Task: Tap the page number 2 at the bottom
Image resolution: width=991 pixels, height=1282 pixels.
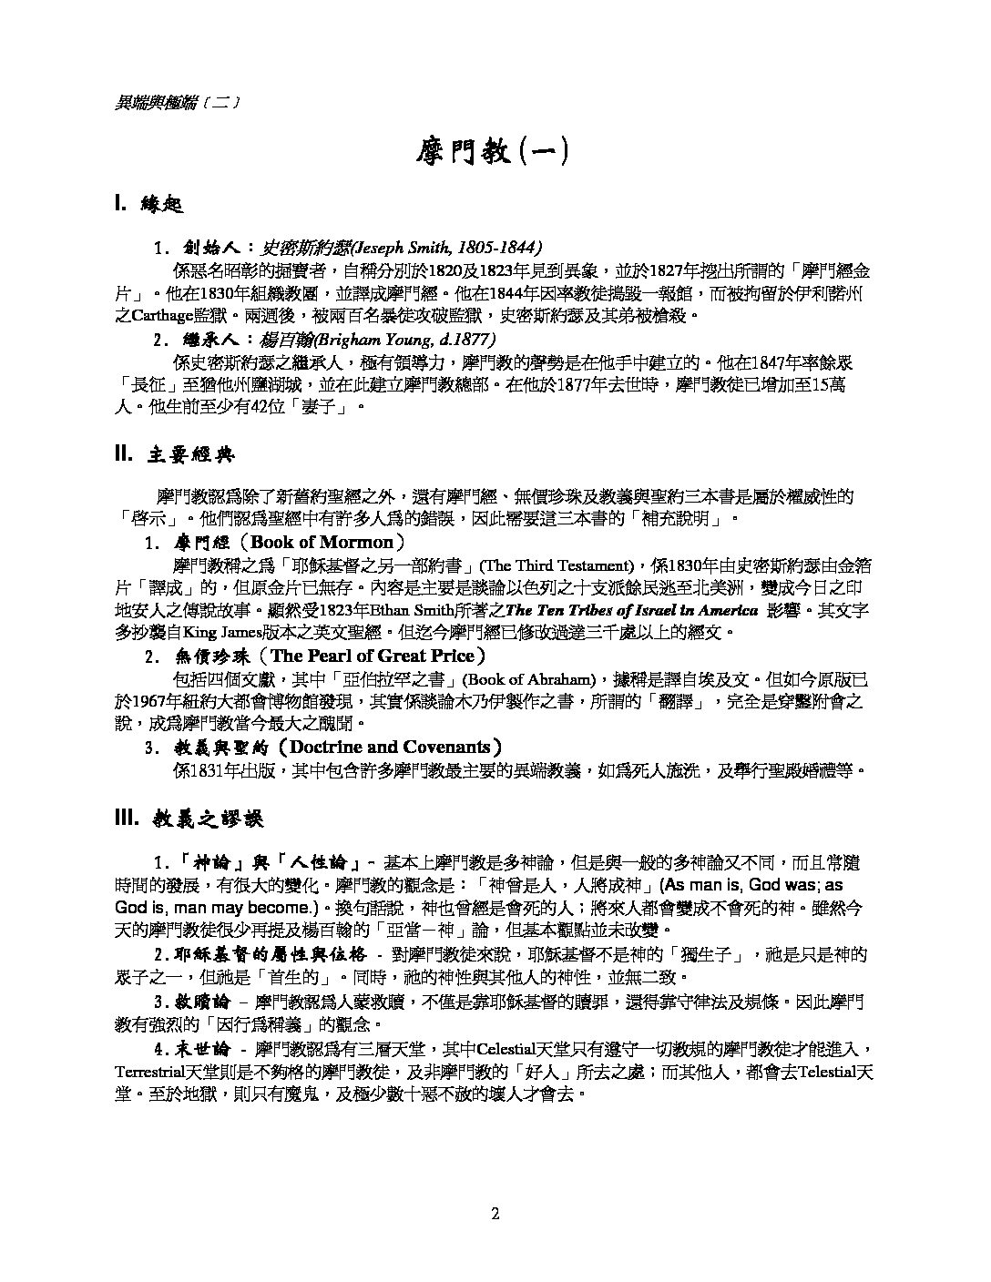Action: pyautogui.click(x=495, y=1213)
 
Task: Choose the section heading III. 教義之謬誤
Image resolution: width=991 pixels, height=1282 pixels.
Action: pyautogui.click(x=189, y=819)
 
